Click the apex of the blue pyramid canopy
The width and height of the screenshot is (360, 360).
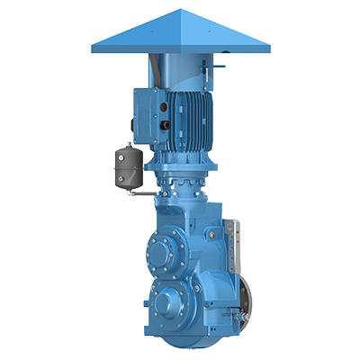click(165, 10)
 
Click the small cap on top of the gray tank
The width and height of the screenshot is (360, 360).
click(126, 144)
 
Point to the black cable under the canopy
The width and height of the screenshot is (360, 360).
click(157, 71)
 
